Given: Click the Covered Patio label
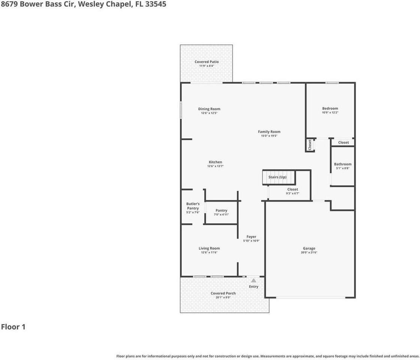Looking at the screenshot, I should [x=206, y=62].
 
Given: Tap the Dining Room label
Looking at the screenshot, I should [x=209, y=109].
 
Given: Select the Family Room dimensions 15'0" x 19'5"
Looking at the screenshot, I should [x=269, y=136].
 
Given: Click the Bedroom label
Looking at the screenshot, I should [x=330, y=108].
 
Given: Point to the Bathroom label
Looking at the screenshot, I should [x=343, y=164].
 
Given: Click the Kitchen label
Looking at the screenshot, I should [x=215, y=162].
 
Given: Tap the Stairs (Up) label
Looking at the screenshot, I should [x=277, y=177].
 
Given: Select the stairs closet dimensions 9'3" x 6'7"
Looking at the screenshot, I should [x=292, y=193].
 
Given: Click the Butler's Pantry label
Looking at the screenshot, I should [x=193, y=206].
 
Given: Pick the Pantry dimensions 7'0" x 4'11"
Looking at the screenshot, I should [x=221, y=214].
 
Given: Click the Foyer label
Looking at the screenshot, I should [x=251, y=237].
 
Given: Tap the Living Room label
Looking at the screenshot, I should [x=209, y=248].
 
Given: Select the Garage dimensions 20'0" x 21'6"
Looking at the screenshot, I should [x=309, y=252].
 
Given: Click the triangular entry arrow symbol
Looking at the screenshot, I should [x=254, y=280].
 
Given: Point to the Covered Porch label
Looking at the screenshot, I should [x=223, y=293].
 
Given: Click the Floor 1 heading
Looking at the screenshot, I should [x=13, y=327].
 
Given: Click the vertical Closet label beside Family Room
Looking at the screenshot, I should [x=310, y=145].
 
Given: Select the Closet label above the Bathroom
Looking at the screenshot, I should [x=343, y=142].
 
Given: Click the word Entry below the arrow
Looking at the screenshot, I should [x=254, y=286].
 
